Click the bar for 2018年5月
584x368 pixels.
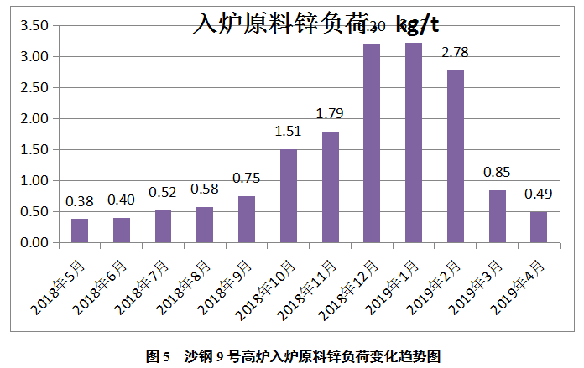click(80, 231)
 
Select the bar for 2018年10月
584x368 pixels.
click(288, 196)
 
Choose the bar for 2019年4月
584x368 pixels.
click(538, 227)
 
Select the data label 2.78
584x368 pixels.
click(455, 53)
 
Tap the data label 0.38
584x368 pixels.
click(80, 201)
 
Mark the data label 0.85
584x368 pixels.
click(497, 173)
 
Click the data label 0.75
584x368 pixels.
click(247, 178)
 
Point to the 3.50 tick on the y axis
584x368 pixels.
click(34, 26)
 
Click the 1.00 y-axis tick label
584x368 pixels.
click(34, 181)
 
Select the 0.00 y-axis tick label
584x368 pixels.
click(34, 243)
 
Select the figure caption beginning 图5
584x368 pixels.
click(292, 356)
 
